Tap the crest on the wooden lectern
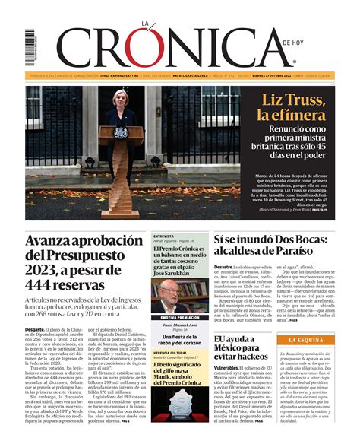pos(121,132)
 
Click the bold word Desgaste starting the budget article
pos(35,329)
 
